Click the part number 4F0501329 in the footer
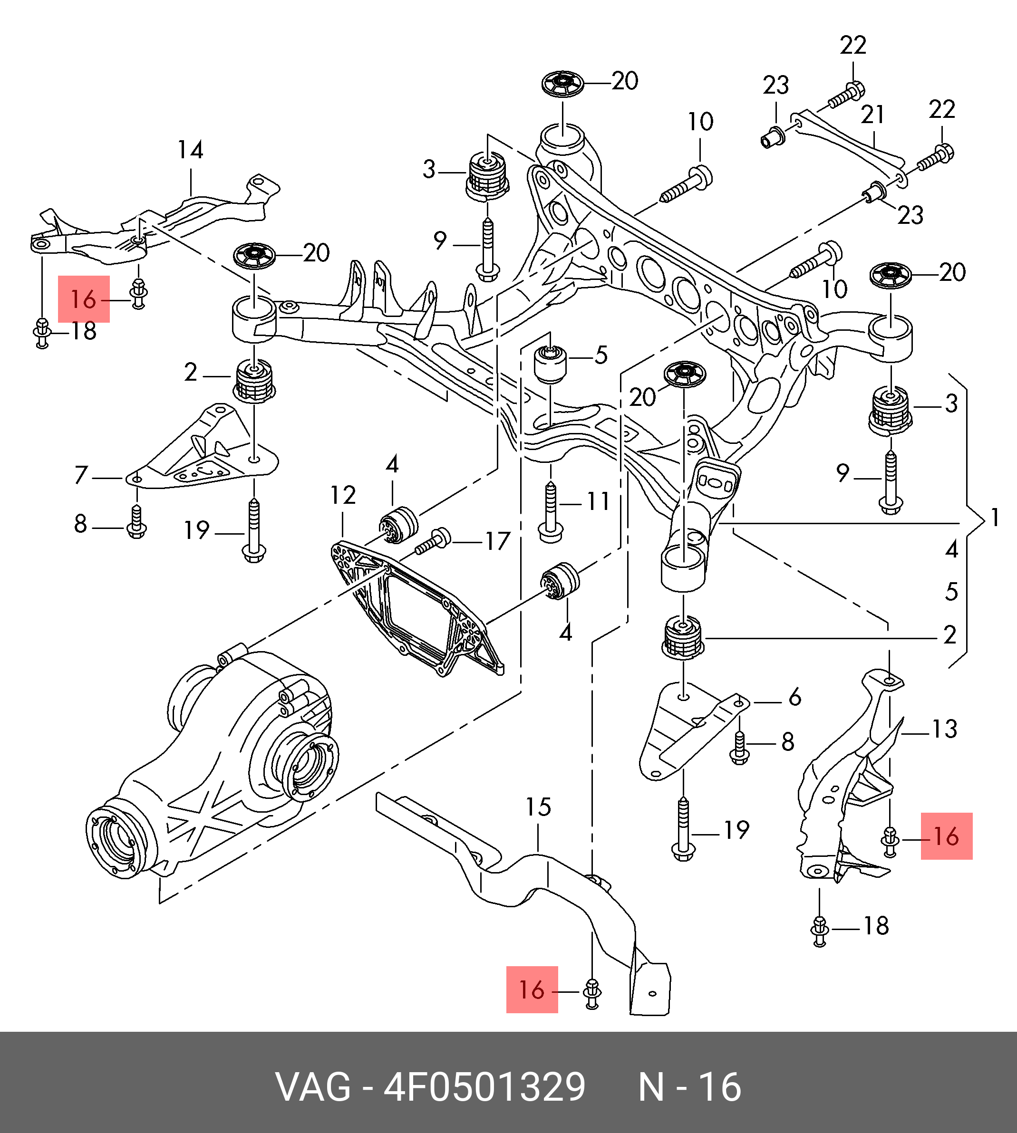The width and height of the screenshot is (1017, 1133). click(484, 1087)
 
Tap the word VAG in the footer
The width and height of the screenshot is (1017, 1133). click(313, 1087)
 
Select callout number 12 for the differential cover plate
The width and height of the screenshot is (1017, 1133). click(342, 495)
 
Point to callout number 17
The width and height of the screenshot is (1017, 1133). click(497, 540)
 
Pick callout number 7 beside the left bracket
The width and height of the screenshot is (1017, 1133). click(82, 475)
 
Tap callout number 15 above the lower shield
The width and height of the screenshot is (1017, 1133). click(538, 807)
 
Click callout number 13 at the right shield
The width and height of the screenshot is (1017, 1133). click(944, 728)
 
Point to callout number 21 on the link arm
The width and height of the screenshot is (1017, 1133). click(872, 115)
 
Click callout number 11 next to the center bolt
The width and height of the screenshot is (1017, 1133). click(598, 501)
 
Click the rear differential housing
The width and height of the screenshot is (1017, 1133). click(213, 770)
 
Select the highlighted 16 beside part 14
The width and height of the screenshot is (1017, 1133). click(84, 299)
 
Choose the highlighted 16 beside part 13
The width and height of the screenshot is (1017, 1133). click(946, 836)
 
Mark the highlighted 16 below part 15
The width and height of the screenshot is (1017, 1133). click(532, 989)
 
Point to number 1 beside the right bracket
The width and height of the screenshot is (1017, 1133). click(995, 518)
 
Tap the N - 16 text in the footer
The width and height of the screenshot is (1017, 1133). click(689, 1087)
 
